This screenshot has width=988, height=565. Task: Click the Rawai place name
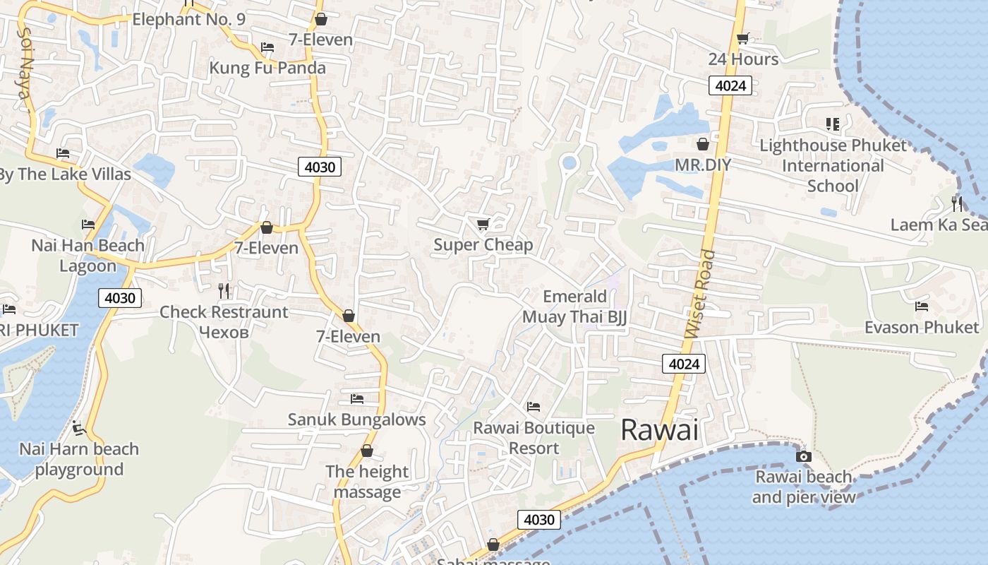pyautogui.click(x=659, y=430)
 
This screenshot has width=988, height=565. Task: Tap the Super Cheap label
pyautogui.click(x=483, y=245)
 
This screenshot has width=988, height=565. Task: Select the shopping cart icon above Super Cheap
pyautogui.click(x=483, y=224)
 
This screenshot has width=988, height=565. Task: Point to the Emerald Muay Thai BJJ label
pyautogui.click(x=574, y=307)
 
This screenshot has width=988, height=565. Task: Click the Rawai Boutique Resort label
pyautogui.click(x=534, y=438)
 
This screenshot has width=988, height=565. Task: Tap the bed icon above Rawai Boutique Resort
pyautogui.click(x=534, y=407)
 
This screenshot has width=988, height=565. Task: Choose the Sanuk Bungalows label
pyautogui.click(x=356, y=420)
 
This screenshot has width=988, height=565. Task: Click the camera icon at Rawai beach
pyautogui.click(x=803, y=456)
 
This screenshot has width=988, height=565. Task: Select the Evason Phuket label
pyautogui.click(x=922, y=327)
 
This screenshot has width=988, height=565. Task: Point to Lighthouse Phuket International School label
pyautogui.click(x=833, y=166)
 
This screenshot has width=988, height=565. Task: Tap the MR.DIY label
pyautogui.click(x=703, y=165)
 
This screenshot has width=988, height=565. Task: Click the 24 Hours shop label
pyautogui.click(x=743, y=59)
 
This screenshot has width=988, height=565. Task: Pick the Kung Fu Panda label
pyautogui.click(x=267, y=68)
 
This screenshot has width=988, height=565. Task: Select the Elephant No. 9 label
pyautogui.click(x=189, y=19)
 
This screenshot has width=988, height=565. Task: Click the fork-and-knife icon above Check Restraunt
pyautogui.click(x=224, y=290)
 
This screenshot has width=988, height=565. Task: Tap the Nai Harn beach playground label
pyautogui.click(x=79, y=459)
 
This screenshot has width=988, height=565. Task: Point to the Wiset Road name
pyautogui.click(x=699, y=293)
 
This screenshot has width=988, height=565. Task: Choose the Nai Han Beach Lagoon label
pyautogui.click(x=88, y=256)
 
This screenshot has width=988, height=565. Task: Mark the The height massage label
pyautogui.click(x=367, y=482)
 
